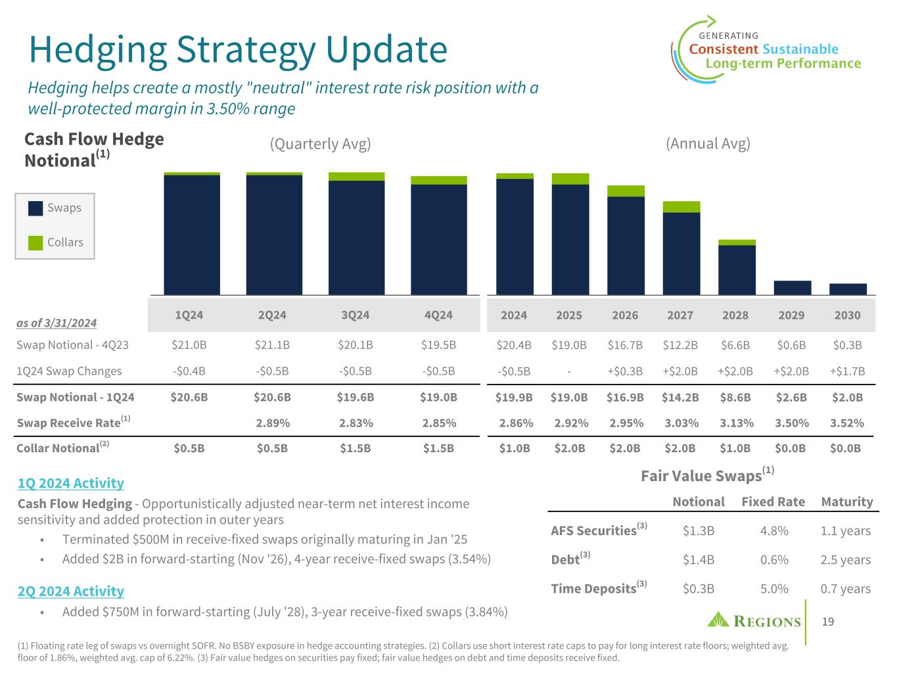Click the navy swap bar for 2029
tap(792, 288)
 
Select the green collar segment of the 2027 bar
tap(681, 207)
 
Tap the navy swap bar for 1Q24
tap(192, 235)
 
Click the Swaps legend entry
tap(55, 208)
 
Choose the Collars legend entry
tap(56, 243)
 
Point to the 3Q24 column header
tap(356, 315)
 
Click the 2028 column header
tap(735, 315)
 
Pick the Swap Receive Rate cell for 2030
tap(846, 423)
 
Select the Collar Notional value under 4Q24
tap(438, 448)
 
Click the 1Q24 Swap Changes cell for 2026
tap(625, 371)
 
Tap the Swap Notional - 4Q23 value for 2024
tap(513, 345)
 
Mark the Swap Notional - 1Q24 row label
tap(76, 397)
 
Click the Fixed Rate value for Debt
tap(774, 560)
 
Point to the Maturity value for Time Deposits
tap(846, 589)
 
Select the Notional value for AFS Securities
tap(699, 531)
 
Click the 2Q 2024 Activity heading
tap(71, 592)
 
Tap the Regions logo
tap(754, 621)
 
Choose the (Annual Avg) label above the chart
tap(708, 144)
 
